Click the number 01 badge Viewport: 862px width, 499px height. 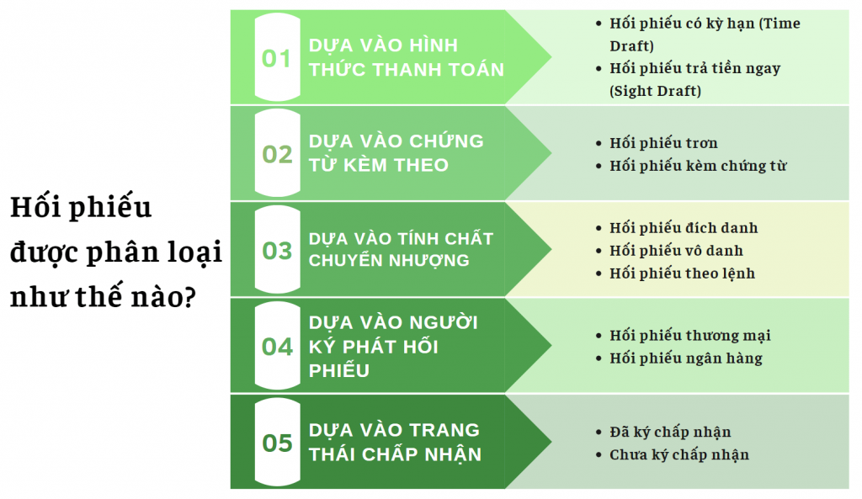click(277, 58)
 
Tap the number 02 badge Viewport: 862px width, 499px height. click(277, 154)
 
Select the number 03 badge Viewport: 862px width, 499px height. click(277, 250)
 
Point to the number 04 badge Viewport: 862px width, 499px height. click(277, 346)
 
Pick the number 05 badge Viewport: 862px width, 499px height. click(277, 443)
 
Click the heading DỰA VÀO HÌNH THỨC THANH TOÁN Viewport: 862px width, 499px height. click(406, 57)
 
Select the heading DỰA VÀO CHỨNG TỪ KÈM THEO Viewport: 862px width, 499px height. click(396, 153)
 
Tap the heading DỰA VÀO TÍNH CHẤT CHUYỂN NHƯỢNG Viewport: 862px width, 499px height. click(401, 249)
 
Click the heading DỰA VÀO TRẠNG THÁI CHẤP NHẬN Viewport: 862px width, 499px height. click(395, 442)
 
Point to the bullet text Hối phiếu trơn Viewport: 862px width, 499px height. click(663, 143)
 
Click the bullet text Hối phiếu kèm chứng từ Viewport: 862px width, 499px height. click(698, 166)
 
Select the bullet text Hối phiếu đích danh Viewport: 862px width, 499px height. click(684, 228)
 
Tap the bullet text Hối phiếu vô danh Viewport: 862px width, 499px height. click(676, 251)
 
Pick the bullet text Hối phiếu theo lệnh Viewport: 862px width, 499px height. click(682, 273)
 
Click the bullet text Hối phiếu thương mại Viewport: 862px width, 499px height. click(689, 336)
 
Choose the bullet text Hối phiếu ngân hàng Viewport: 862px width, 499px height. click(685, 358)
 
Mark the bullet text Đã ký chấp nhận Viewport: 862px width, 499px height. click(670, 433)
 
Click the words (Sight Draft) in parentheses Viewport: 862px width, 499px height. click(655, 91)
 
